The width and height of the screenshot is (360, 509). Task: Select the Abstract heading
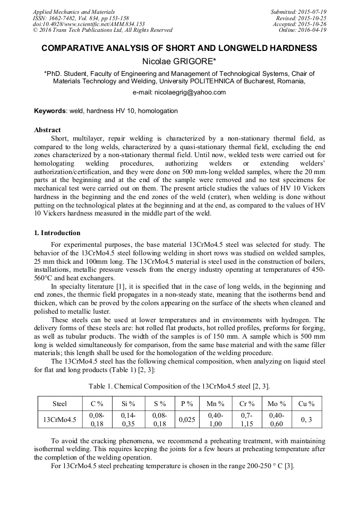click(x=47, y=130)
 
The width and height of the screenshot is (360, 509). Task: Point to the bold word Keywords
click(x=50, y=111)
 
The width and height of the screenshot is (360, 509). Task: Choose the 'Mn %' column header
click(x=216, y=404)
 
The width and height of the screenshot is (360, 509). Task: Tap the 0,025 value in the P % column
click(x=186, y=420)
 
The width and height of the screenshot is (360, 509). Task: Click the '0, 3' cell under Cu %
click(x=306, y=420)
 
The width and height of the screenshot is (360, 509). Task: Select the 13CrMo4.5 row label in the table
click(x=59, y=420)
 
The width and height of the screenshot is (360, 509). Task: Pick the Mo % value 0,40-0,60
click(x=276, y=420)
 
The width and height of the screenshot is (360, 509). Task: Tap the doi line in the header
click(x=89, y=24)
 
